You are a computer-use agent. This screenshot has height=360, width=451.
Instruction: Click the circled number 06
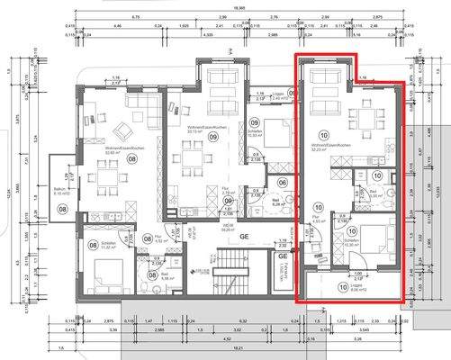[x=282, y=183]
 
